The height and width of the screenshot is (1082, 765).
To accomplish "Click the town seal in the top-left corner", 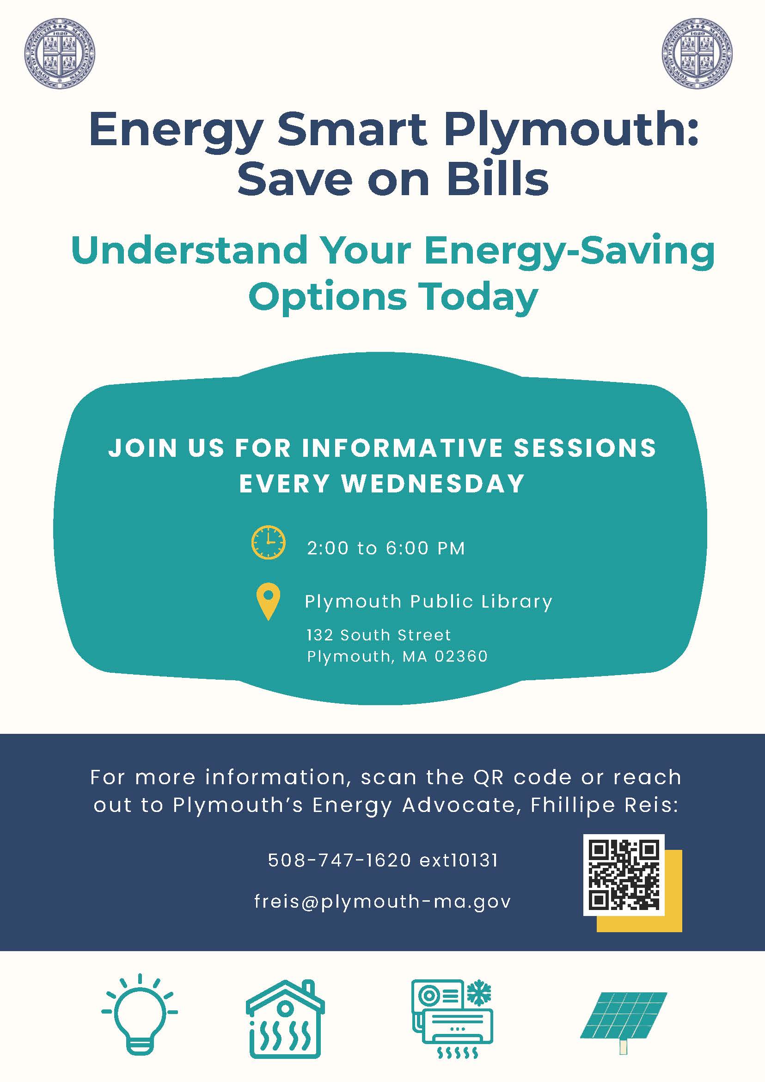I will (x=59, y=53).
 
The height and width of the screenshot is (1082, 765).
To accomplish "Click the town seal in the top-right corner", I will (x=697, y=53).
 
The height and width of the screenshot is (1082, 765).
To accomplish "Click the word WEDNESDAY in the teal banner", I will (x=433, y=484).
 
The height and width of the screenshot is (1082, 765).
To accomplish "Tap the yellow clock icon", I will (x=268, y=542).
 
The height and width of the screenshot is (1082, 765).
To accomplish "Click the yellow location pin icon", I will (x=268, y=601).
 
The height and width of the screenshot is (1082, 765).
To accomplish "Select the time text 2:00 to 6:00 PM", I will (x=386, y=548).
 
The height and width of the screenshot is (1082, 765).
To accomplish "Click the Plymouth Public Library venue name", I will (x=428, y=602).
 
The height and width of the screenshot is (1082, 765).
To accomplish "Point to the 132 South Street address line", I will (x=379, y=635).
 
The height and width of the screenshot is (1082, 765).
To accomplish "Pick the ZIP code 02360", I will (x=461, y=656).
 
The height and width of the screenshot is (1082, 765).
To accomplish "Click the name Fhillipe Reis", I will (x=604, y=805).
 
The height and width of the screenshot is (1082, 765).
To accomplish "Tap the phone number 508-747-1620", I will (x=340, y=860).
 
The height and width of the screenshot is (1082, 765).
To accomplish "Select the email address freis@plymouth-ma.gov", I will (x=382, y=901).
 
